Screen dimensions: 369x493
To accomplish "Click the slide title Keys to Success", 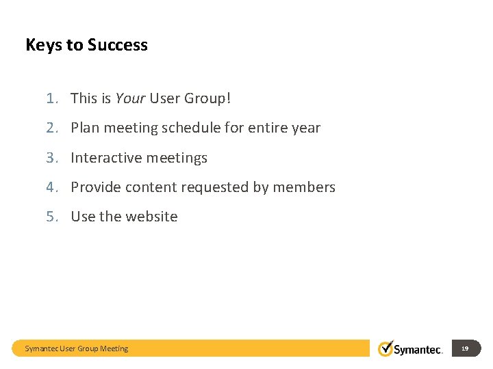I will coord(86,45).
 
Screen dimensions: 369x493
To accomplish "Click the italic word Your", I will coord(130,98).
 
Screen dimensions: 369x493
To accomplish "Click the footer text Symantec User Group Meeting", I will coord(77,348).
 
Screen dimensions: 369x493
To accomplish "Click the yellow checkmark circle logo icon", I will coord(386,348).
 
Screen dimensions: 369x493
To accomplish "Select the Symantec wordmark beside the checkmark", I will coord(418,349).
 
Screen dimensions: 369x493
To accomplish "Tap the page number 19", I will coord(465,348).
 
